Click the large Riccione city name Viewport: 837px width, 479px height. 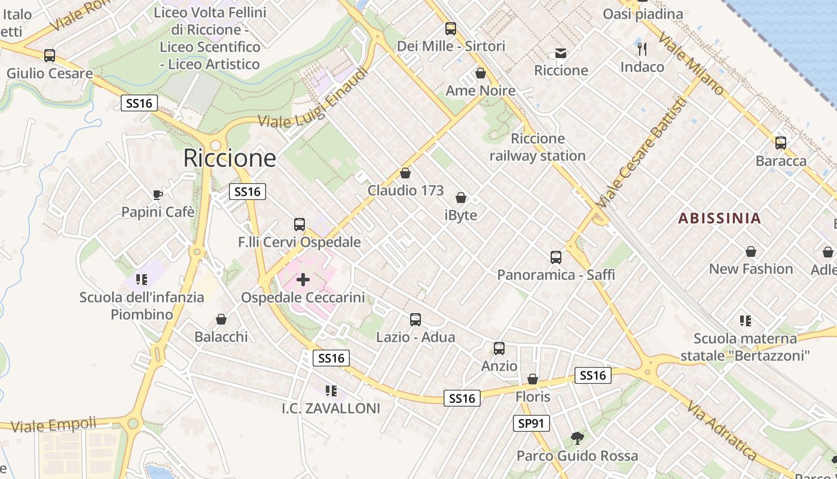coord(230,158)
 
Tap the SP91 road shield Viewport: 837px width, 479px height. coord(531,424)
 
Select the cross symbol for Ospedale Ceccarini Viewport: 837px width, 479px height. coord(303,280)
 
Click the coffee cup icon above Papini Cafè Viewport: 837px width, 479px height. coord(157,195)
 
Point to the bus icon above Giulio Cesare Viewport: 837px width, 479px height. coord(50,56)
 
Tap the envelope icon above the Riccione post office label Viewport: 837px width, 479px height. coord(561,53)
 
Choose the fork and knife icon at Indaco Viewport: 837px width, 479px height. coord(642,49)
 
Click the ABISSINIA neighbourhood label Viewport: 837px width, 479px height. coord(720,219)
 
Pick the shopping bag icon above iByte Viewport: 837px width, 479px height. coord(461,198)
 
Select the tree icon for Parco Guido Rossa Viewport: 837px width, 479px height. coord(577,438)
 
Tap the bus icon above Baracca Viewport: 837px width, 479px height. coord(781,143)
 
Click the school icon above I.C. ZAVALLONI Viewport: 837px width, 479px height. coord(331,391)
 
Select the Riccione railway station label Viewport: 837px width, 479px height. coord(537,147)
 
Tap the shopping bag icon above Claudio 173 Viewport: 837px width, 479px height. coord(405,173)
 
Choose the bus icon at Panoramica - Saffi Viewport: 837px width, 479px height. coord(556,257)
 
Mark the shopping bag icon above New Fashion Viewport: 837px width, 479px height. coord(751,251)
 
